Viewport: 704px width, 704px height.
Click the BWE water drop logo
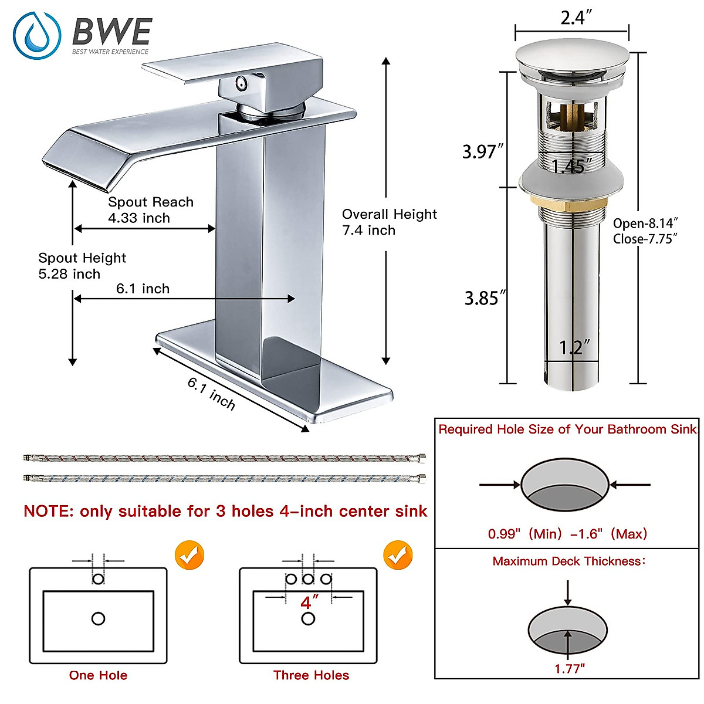click(x=37, y=35)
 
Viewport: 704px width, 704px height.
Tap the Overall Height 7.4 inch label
click(x=389, y=222)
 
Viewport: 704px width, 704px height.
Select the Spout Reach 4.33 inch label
click(x=150, y=210)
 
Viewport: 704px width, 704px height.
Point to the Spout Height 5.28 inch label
click(x=82, y=266)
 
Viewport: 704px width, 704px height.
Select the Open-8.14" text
click(x=645, y=224)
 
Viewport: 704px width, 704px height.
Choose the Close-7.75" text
click(x=645, y=239)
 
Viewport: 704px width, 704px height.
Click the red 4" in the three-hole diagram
click(x=309, y=603)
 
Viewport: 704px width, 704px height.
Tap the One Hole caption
click(x=98, y=675)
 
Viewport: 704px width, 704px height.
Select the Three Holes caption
click(x=311, y=675)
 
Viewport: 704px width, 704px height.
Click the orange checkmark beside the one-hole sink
click(x=189, y=554)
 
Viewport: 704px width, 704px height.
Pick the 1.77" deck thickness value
click(x=570, y=669)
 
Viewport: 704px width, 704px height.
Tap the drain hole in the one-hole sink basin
click(x=98, y=618)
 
